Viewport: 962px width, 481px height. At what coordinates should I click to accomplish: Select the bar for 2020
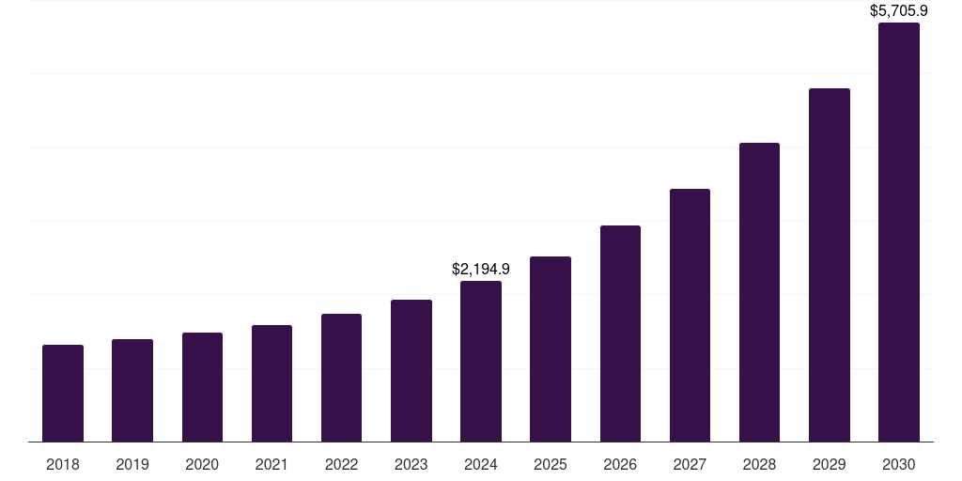click(202, 387)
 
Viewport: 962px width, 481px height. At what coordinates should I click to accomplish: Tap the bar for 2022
click(341, 378)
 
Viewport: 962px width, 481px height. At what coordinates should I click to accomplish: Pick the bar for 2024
click(481, 361)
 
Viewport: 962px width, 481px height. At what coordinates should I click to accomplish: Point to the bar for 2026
click(620, 334)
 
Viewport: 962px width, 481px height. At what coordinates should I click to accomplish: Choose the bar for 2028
click(759, 292)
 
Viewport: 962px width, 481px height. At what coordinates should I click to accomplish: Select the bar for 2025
click(551, 349)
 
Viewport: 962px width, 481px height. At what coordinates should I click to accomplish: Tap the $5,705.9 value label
click(899, 11)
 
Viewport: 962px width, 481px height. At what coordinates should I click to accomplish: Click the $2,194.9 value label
click(481, 269)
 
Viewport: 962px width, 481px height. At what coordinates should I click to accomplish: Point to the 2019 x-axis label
click(132, 464)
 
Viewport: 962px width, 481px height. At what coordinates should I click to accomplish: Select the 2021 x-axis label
click(272, 464)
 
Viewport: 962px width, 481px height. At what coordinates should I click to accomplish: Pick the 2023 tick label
click(411, 464)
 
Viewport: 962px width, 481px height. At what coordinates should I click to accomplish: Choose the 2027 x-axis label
click(690, 464)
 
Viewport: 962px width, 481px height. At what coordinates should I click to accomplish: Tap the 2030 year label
click(899, 464)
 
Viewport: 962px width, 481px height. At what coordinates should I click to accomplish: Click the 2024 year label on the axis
click(481, 464)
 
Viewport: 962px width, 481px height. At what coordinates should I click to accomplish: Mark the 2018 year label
click(63, 464)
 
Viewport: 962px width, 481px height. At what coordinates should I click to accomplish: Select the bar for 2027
click(690, 315)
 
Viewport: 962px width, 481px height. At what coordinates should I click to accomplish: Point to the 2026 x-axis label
click(620, 464)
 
